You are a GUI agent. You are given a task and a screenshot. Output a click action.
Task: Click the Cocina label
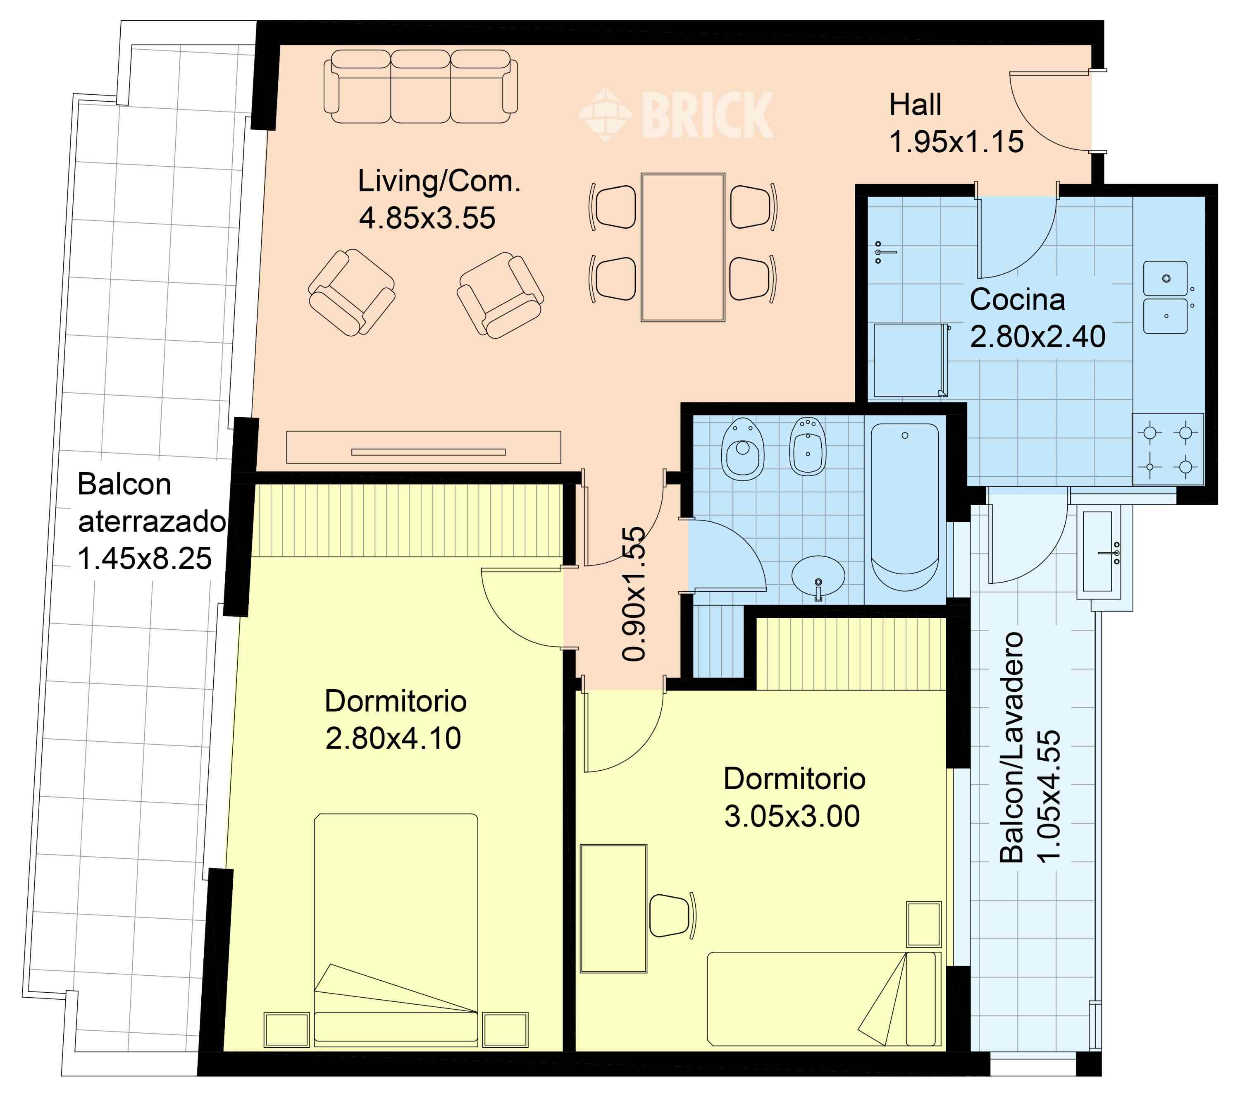coord(1017,300)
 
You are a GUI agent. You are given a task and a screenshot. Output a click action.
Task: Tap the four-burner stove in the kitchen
coord(1168,449)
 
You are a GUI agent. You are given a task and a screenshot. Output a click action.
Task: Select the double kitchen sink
coord(1165,297)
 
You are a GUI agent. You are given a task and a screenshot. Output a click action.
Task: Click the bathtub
coord(905,506)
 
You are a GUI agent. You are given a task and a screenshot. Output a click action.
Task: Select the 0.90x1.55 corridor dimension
coord(634,593)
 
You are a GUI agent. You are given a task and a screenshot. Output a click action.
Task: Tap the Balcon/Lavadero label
coord(1011,748)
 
